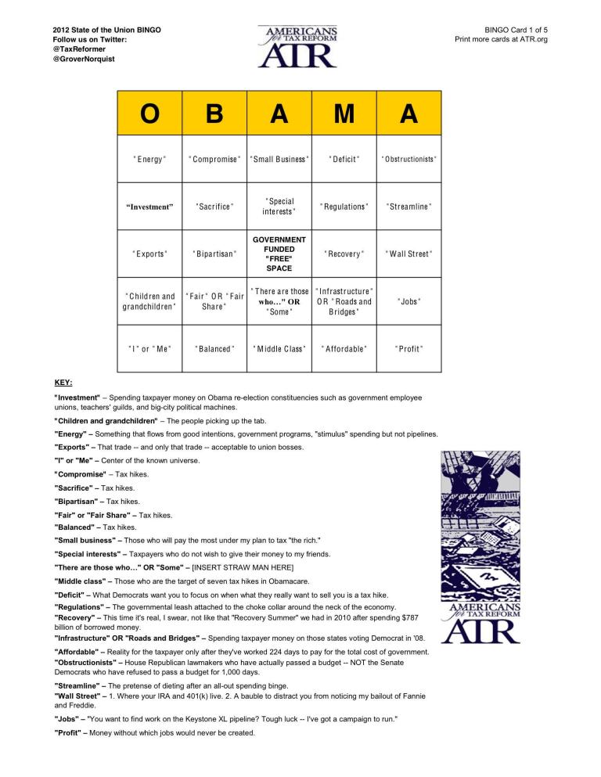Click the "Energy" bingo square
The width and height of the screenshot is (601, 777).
click(149, 160)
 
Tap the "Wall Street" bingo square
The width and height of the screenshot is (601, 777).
click(408, 254)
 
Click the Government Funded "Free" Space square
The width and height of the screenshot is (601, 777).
click(279, 254)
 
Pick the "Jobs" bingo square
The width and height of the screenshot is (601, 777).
click(408, 301)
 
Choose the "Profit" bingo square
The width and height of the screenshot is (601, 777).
click(408, 348)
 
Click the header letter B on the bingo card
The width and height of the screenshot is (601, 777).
click(214, 113)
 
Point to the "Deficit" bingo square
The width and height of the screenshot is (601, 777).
click(344, 160)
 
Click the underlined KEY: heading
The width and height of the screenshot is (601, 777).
click(63, 383)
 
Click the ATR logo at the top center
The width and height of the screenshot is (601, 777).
click(297, 47)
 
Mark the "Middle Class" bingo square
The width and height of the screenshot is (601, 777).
click(279, 348)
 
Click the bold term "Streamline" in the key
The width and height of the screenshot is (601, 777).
click(79, 685)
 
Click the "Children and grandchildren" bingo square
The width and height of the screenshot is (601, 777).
click(149, 301)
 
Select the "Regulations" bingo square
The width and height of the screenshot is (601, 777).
click(344, 207)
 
